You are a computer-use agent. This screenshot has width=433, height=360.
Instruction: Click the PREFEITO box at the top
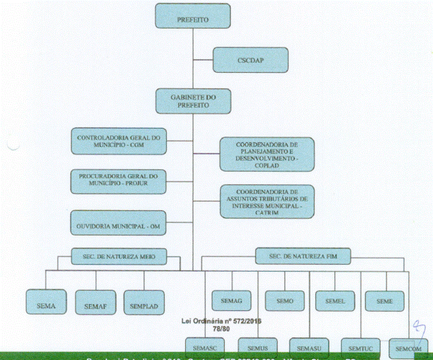pos(192,16)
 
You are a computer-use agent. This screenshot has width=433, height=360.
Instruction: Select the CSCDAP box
pos(247,59)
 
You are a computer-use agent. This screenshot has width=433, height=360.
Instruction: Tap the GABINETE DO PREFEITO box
pos(192,101)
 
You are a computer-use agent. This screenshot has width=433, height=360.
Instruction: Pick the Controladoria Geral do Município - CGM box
pos(118,142)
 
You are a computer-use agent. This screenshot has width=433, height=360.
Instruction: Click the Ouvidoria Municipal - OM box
pos(118,223)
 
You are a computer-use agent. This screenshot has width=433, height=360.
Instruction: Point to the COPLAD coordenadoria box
pos(266,154)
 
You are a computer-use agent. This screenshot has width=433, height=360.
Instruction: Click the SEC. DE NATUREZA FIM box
pos(304,257)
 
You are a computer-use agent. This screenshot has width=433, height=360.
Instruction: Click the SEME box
pos(385,300)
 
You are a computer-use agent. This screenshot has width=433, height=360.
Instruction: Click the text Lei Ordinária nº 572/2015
pos(217,320)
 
